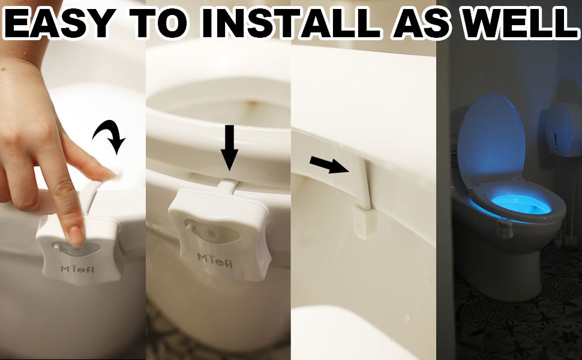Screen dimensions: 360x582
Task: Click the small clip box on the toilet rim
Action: (x=364, y=220)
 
